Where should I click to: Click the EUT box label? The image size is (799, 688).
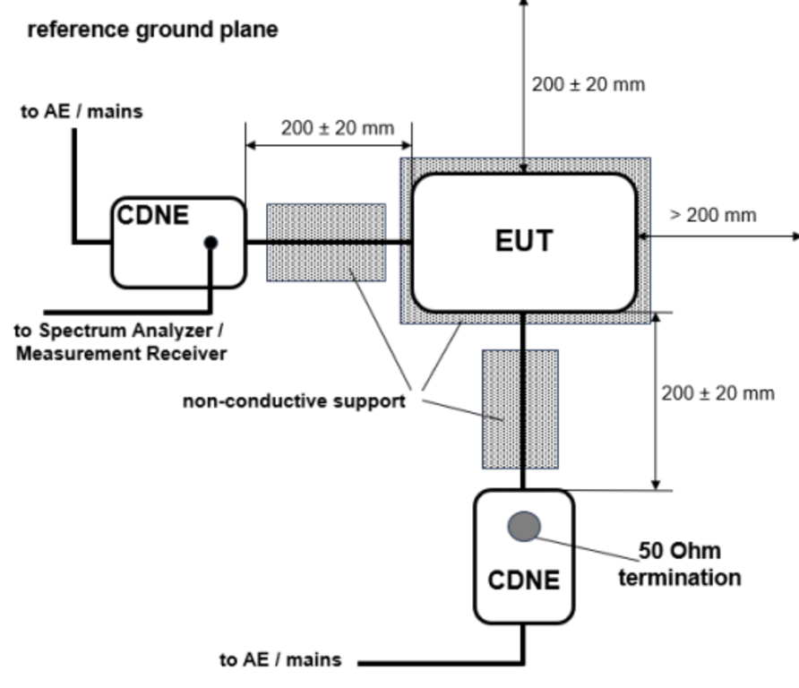524,241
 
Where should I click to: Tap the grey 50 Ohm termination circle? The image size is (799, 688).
524,527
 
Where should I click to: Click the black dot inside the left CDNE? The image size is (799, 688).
211,242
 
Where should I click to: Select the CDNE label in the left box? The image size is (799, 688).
153,215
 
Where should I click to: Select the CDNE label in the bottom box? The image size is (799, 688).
524,580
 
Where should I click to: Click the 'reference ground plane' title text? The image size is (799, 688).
152,30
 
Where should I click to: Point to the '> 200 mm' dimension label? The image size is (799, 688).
713,215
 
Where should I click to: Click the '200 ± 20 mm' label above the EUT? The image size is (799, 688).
588,85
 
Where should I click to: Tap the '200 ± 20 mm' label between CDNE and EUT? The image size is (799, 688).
338,128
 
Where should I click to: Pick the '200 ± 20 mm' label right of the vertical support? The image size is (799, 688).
717,393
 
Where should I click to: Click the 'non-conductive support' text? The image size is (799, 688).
294,400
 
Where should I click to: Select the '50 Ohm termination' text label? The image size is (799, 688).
679,563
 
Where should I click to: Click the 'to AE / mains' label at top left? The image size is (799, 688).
82,112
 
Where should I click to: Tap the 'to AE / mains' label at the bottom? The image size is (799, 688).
280,660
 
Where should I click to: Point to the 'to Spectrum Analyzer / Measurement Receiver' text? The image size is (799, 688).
121,341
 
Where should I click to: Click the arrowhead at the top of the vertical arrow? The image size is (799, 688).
524,4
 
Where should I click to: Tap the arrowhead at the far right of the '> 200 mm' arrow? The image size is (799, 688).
794,236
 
